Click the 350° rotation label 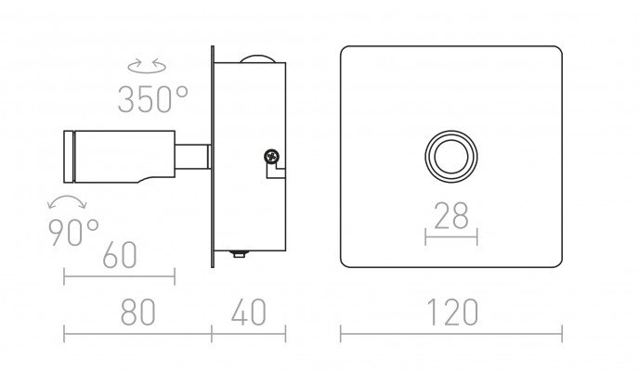tap(153, 99)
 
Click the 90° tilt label tap(73, 232)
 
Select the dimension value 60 tap(120, 255)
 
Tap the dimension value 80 tap(138, 313)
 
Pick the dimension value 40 tap(249, 313)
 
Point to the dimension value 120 tap(452, 313)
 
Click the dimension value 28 tap(451, 215)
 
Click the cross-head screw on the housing tap(271, 156)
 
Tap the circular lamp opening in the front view tap(451, 157)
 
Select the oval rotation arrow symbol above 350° tap(147, 66)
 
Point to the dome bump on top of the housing tap(257, 59)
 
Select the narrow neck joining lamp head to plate tap(193, 157)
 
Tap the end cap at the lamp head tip tap(69, 157)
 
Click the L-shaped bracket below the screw tap(276, 171)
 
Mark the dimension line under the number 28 tap(451, 237)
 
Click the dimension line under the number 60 tap(120, 276)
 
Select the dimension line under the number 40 tap(249, 334)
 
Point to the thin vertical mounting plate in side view tap(213, 157)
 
